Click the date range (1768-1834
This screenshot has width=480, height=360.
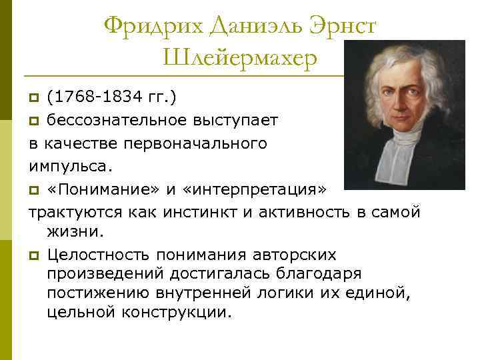tap(91, 99)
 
